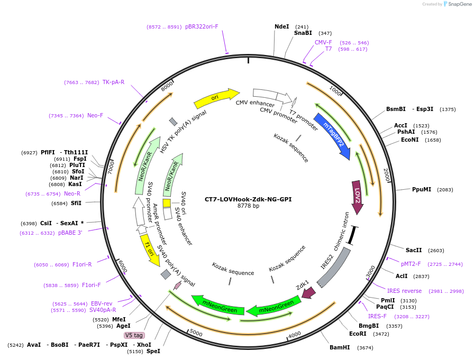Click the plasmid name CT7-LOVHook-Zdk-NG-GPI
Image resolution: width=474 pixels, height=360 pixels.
[x=248, y=199]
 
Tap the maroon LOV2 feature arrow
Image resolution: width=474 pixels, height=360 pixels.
[x=358, y=197]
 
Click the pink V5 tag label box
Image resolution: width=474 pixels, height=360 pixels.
[x=134, y=335]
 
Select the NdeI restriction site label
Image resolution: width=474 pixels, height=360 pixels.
[x=282, y=26]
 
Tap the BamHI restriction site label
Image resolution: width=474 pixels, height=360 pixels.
[x=340, y=347]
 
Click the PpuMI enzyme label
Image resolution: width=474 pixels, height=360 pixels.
[x=422, y=189]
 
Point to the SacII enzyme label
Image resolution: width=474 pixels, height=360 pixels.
[x=414, y=250]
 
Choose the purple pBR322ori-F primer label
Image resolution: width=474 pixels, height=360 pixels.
[x=202, y=26]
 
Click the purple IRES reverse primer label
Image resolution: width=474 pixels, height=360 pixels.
[x=404, y=291]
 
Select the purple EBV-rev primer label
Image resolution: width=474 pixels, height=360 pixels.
[x=101, y=303]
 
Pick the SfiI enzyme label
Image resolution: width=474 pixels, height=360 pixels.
[x=76, y=203]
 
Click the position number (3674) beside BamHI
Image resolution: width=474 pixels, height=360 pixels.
[x=366, y=348]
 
